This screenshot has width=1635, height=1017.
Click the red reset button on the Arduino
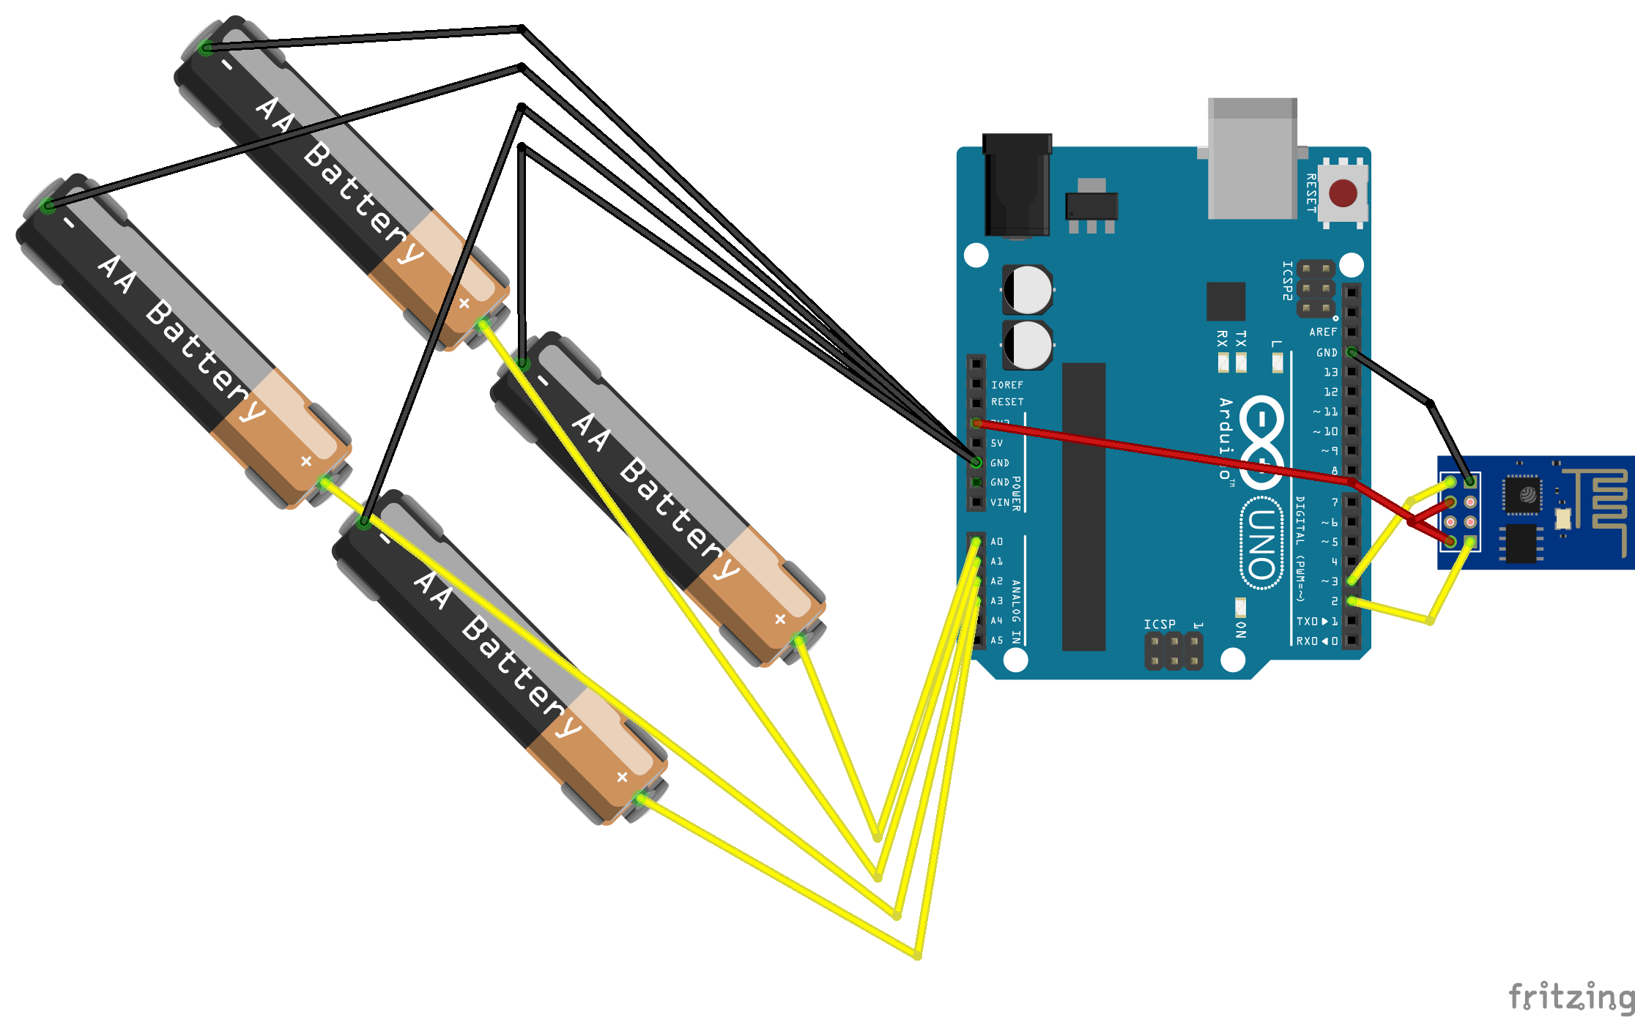pyautogui.click(x=1343, y=193)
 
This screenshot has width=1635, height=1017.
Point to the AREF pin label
pyautogui.click(x=1323, y=332)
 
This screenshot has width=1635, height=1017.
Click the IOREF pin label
pyautogui.click(x=1007, y=384)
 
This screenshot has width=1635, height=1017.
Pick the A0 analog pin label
pyautogui.click(x=996, y=542)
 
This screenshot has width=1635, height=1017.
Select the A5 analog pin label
pyautogui.click(x=996, y=640)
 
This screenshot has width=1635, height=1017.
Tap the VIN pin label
pyautogui.click(x=999, y=502)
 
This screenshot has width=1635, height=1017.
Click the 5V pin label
pyautogui.click(x=996, y=443)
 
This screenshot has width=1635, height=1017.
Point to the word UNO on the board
pyautogui.click(x=1261, y=543)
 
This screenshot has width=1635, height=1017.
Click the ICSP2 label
pyautogui.click(x=1287, y=280)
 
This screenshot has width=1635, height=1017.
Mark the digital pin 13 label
pyautogui.click(x=1330, y=372)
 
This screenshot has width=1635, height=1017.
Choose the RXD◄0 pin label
pyautogui.click(x=1316, y=641)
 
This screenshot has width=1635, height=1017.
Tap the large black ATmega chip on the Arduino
pyautogui.click(x=1083, y=506)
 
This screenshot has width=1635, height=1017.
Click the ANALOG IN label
pyautogui.click(x=1016, y=611)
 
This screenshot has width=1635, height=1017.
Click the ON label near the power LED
pyautogui.click(x=1240, y=629)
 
